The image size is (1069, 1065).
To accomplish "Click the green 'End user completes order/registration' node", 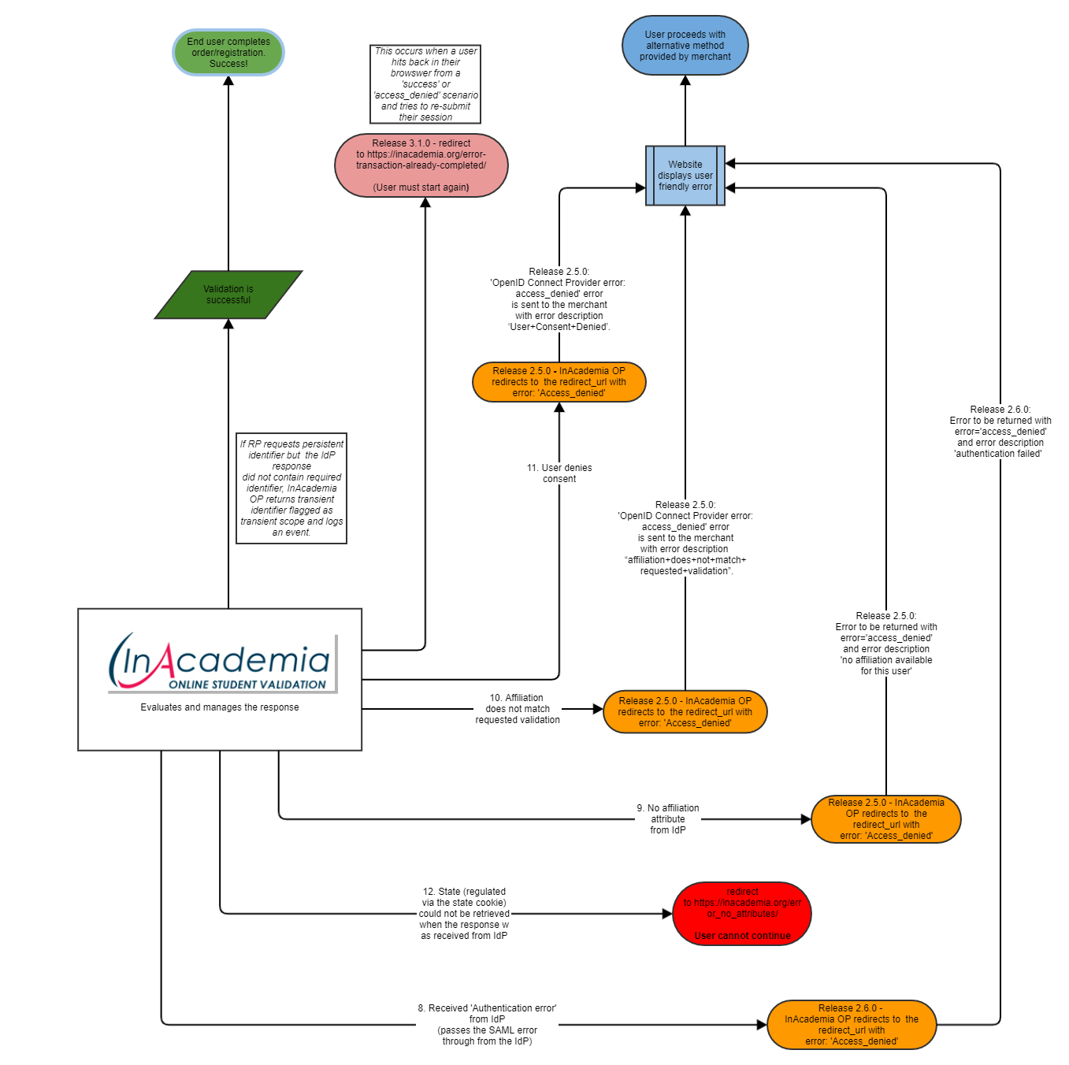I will coord(228,53).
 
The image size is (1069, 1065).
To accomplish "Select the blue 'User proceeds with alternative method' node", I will coord(685,46).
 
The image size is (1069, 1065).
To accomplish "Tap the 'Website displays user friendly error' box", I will coord(685,176).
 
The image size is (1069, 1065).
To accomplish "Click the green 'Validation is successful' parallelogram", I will coord(228,295).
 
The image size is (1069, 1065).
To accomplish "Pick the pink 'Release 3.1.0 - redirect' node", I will coord(421,165).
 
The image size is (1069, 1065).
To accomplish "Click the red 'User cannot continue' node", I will coord(742,914).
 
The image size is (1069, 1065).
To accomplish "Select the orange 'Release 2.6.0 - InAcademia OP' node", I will coord(851,1025).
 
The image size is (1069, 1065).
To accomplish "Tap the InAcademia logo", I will coord(221,663).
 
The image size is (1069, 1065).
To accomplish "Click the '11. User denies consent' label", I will coord(559,473).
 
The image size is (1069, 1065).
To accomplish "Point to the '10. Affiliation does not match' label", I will coord(518,709).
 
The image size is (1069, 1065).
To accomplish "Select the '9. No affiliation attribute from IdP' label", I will coord(668,819).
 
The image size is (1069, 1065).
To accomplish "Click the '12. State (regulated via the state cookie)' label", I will coord(464,914).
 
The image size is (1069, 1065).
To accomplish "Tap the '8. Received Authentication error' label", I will coord(487,1025).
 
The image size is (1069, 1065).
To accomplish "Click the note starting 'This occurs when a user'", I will coord(425,84).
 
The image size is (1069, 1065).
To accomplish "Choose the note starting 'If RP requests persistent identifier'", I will coord(291,488).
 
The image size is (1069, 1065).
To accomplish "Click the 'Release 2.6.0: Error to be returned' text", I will coord(1000,432).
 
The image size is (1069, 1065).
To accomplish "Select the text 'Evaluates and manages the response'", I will coord(220,707).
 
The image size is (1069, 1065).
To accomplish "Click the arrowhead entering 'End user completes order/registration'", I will coord(228,81).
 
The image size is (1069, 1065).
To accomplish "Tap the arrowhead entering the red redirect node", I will coord(667,914).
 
